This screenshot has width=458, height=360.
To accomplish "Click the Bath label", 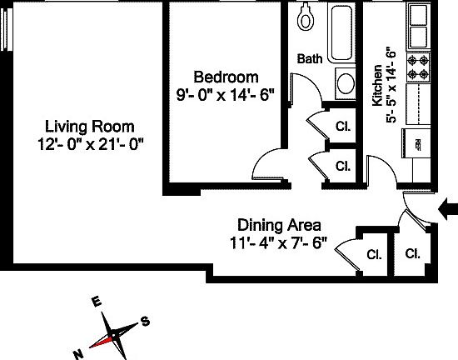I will (x=310, y=58).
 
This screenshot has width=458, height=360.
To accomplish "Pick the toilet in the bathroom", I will (x=305, y=17).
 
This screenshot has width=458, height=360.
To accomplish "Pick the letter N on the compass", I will (x=79, y=353).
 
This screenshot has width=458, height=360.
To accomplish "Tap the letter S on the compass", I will (x=145, y=321).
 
